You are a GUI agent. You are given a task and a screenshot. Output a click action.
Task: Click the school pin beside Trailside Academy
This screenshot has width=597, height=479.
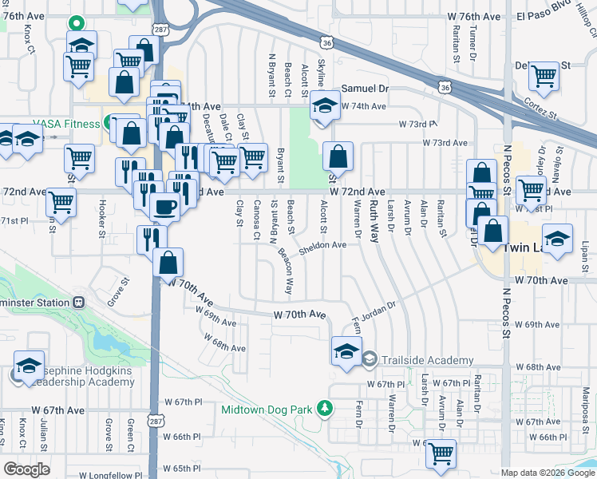click(347, 352)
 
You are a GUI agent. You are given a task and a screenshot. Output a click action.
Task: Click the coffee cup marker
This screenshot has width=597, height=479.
click(165, 207)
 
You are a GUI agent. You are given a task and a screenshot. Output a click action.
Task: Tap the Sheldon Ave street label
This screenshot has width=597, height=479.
click(322, 246)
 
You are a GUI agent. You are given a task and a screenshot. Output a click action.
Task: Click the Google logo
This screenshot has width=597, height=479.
click(26, 469)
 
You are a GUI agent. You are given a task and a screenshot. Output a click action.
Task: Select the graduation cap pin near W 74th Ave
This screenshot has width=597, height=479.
click(325, 106)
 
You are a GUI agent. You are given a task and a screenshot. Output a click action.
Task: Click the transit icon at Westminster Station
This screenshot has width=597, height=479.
click(78, 302)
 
